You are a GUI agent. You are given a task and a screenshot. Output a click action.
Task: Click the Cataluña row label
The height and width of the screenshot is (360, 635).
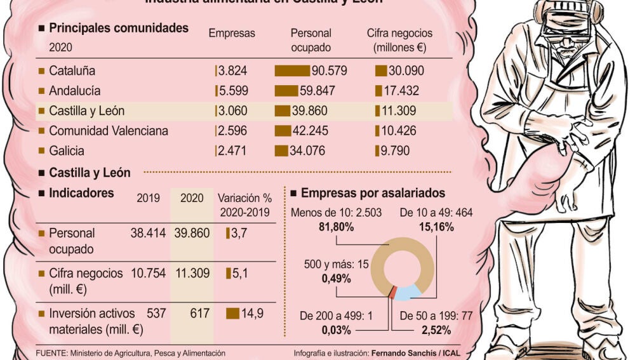click(x=72, y=70)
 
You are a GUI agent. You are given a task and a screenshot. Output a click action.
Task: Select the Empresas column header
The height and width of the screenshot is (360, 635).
click(x=232, y=33)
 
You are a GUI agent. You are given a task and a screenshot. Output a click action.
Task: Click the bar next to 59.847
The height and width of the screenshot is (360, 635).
click(x=286, y=91)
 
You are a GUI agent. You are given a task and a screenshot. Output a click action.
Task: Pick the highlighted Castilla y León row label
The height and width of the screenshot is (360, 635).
click(x=86, y=111)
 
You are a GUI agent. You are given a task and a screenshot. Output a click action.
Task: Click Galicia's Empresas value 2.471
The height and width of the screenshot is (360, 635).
click(x=232, y=151)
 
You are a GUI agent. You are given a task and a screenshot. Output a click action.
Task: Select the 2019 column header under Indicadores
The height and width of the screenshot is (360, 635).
click(x=149, y=197)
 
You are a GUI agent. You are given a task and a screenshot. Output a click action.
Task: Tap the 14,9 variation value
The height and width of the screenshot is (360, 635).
click(x=251, y=313)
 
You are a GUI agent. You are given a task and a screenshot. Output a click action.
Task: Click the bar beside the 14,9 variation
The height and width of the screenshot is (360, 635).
click(x=232, y=313)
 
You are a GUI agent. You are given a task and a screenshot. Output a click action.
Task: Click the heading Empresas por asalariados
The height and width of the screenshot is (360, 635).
click(x=373, y=193)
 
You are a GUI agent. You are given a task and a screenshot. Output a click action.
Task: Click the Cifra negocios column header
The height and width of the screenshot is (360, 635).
click(x=400, y=33)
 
